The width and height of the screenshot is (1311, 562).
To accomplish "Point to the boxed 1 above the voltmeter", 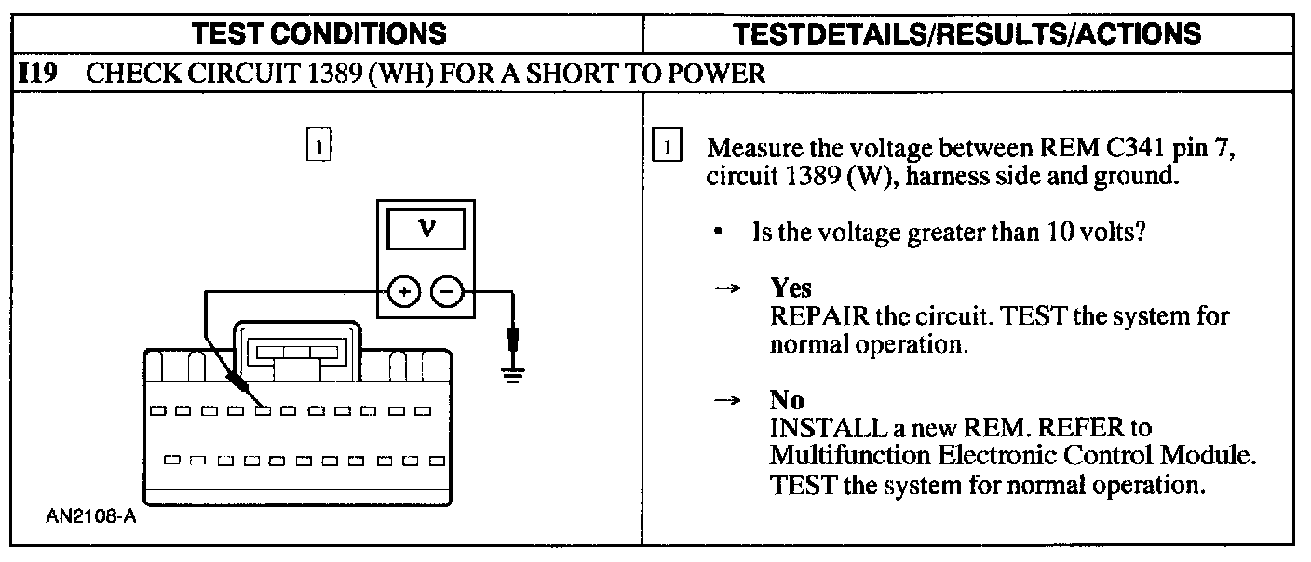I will [319, 147].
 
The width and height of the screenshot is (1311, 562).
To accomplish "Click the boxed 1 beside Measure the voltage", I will [669, 147].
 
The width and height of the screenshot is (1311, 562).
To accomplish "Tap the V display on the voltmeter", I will [426, 229].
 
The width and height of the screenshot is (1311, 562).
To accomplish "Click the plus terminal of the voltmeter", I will [403, 291].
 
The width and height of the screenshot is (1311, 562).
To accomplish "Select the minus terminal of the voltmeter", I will [448, 291].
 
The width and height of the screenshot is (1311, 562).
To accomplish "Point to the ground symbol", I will [513, 372].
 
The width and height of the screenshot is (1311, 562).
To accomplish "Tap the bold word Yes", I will [791, 288].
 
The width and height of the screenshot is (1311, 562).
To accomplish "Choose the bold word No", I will [787, 401].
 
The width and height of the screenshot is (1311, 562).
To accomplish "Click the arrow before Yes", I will [726, 289].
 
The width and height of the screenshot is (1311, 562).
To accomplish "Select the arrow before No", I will [726, 402].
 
